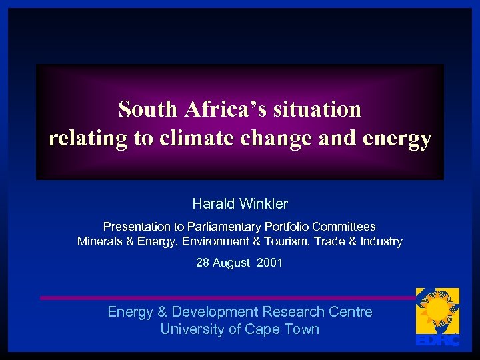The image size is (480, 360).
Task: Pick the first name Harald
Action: click(x=211, y=203)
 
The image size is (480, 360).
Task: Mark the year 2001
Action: click(x=271, y=263)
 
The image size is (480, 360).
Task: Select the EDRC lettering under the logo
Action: click(x=437, y=341)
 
